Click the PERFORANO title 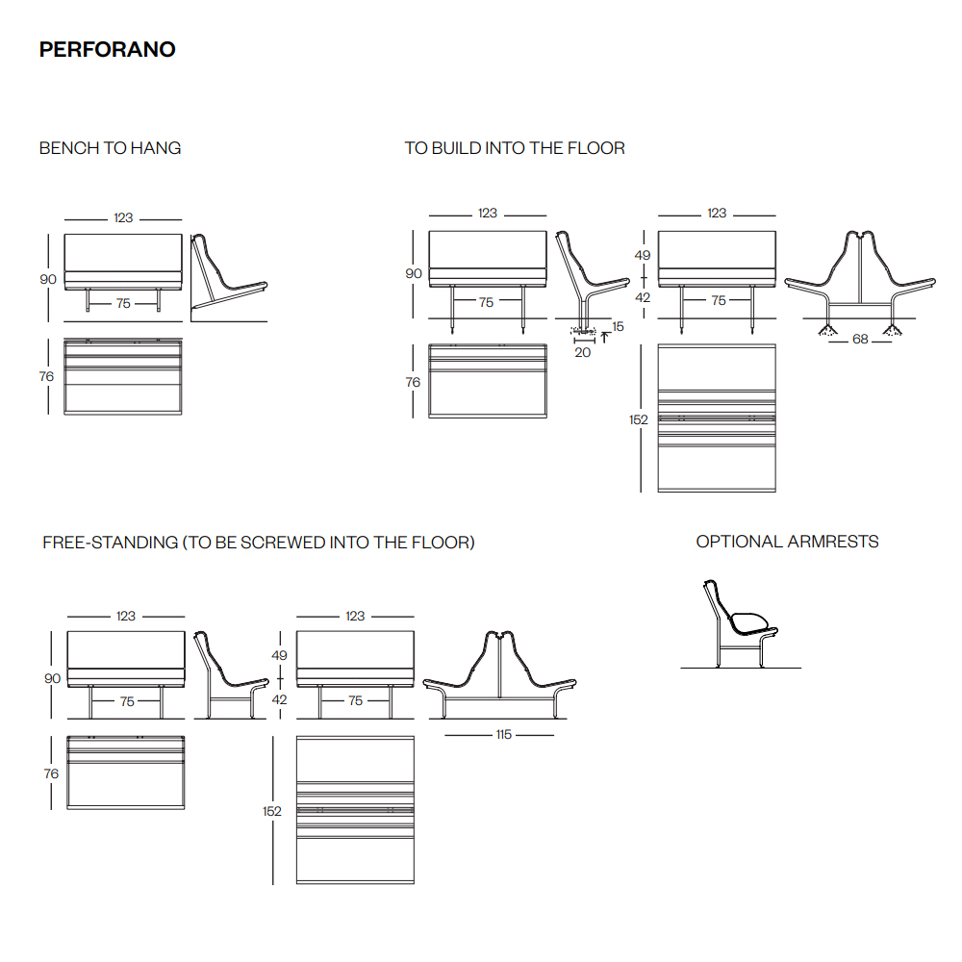[108, 49]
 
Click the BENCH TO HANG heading [110, 148]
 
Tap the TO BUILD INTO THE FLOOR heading [515, 148]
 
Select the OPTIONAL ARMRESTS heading [787, 541]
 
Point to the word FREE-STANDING [111, 543]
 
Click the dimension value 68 [860, 340]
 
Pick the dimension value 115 [504, 734]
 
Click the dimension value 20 [582, 352]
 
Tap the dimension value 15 [618, 326]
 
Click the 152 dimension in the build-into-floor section [638, 419]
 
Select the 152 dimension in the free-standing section [272, 811]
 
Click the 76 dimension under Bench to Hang [46, 376]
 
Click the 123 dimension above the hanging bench [123, 217]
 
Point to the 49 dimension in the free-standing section [279, 655]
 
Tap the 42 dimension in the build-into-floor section [643, 297]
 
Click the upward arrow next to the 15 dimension [604, 338]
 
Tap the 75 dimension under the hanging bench [123, 303]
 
